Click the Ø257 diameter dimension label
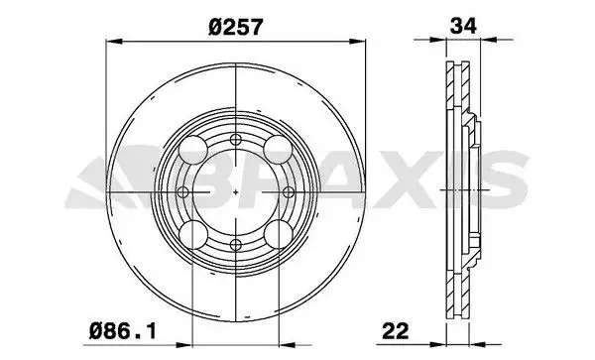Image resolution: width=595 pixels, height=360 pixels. (x=235, y=28)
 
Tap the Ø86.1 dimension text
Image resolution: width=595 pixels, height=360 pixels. (x=123, y=331)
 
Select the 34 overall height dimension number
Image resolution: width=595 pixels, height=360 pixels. (x=463, y=26)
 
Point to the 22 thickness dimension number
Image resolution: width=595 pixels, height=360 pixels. (x=396, y=331)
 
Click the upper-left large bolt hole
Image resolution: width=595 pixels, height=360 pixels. (x=193, y=150)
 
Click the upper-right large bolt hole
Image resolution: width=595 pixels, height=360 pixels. (x=278, y=150)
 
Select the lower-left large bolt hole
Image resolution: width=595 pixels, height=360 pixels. (x=193, y=235)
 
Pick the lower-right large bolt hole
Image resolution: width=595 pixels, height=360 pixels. (x=278, y=235)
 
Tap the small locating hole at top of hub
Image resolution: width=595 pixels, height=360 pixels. (x=236, y=140)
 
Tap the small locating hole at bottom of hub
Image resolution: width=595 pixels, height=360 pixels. (x=236, y=245)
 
